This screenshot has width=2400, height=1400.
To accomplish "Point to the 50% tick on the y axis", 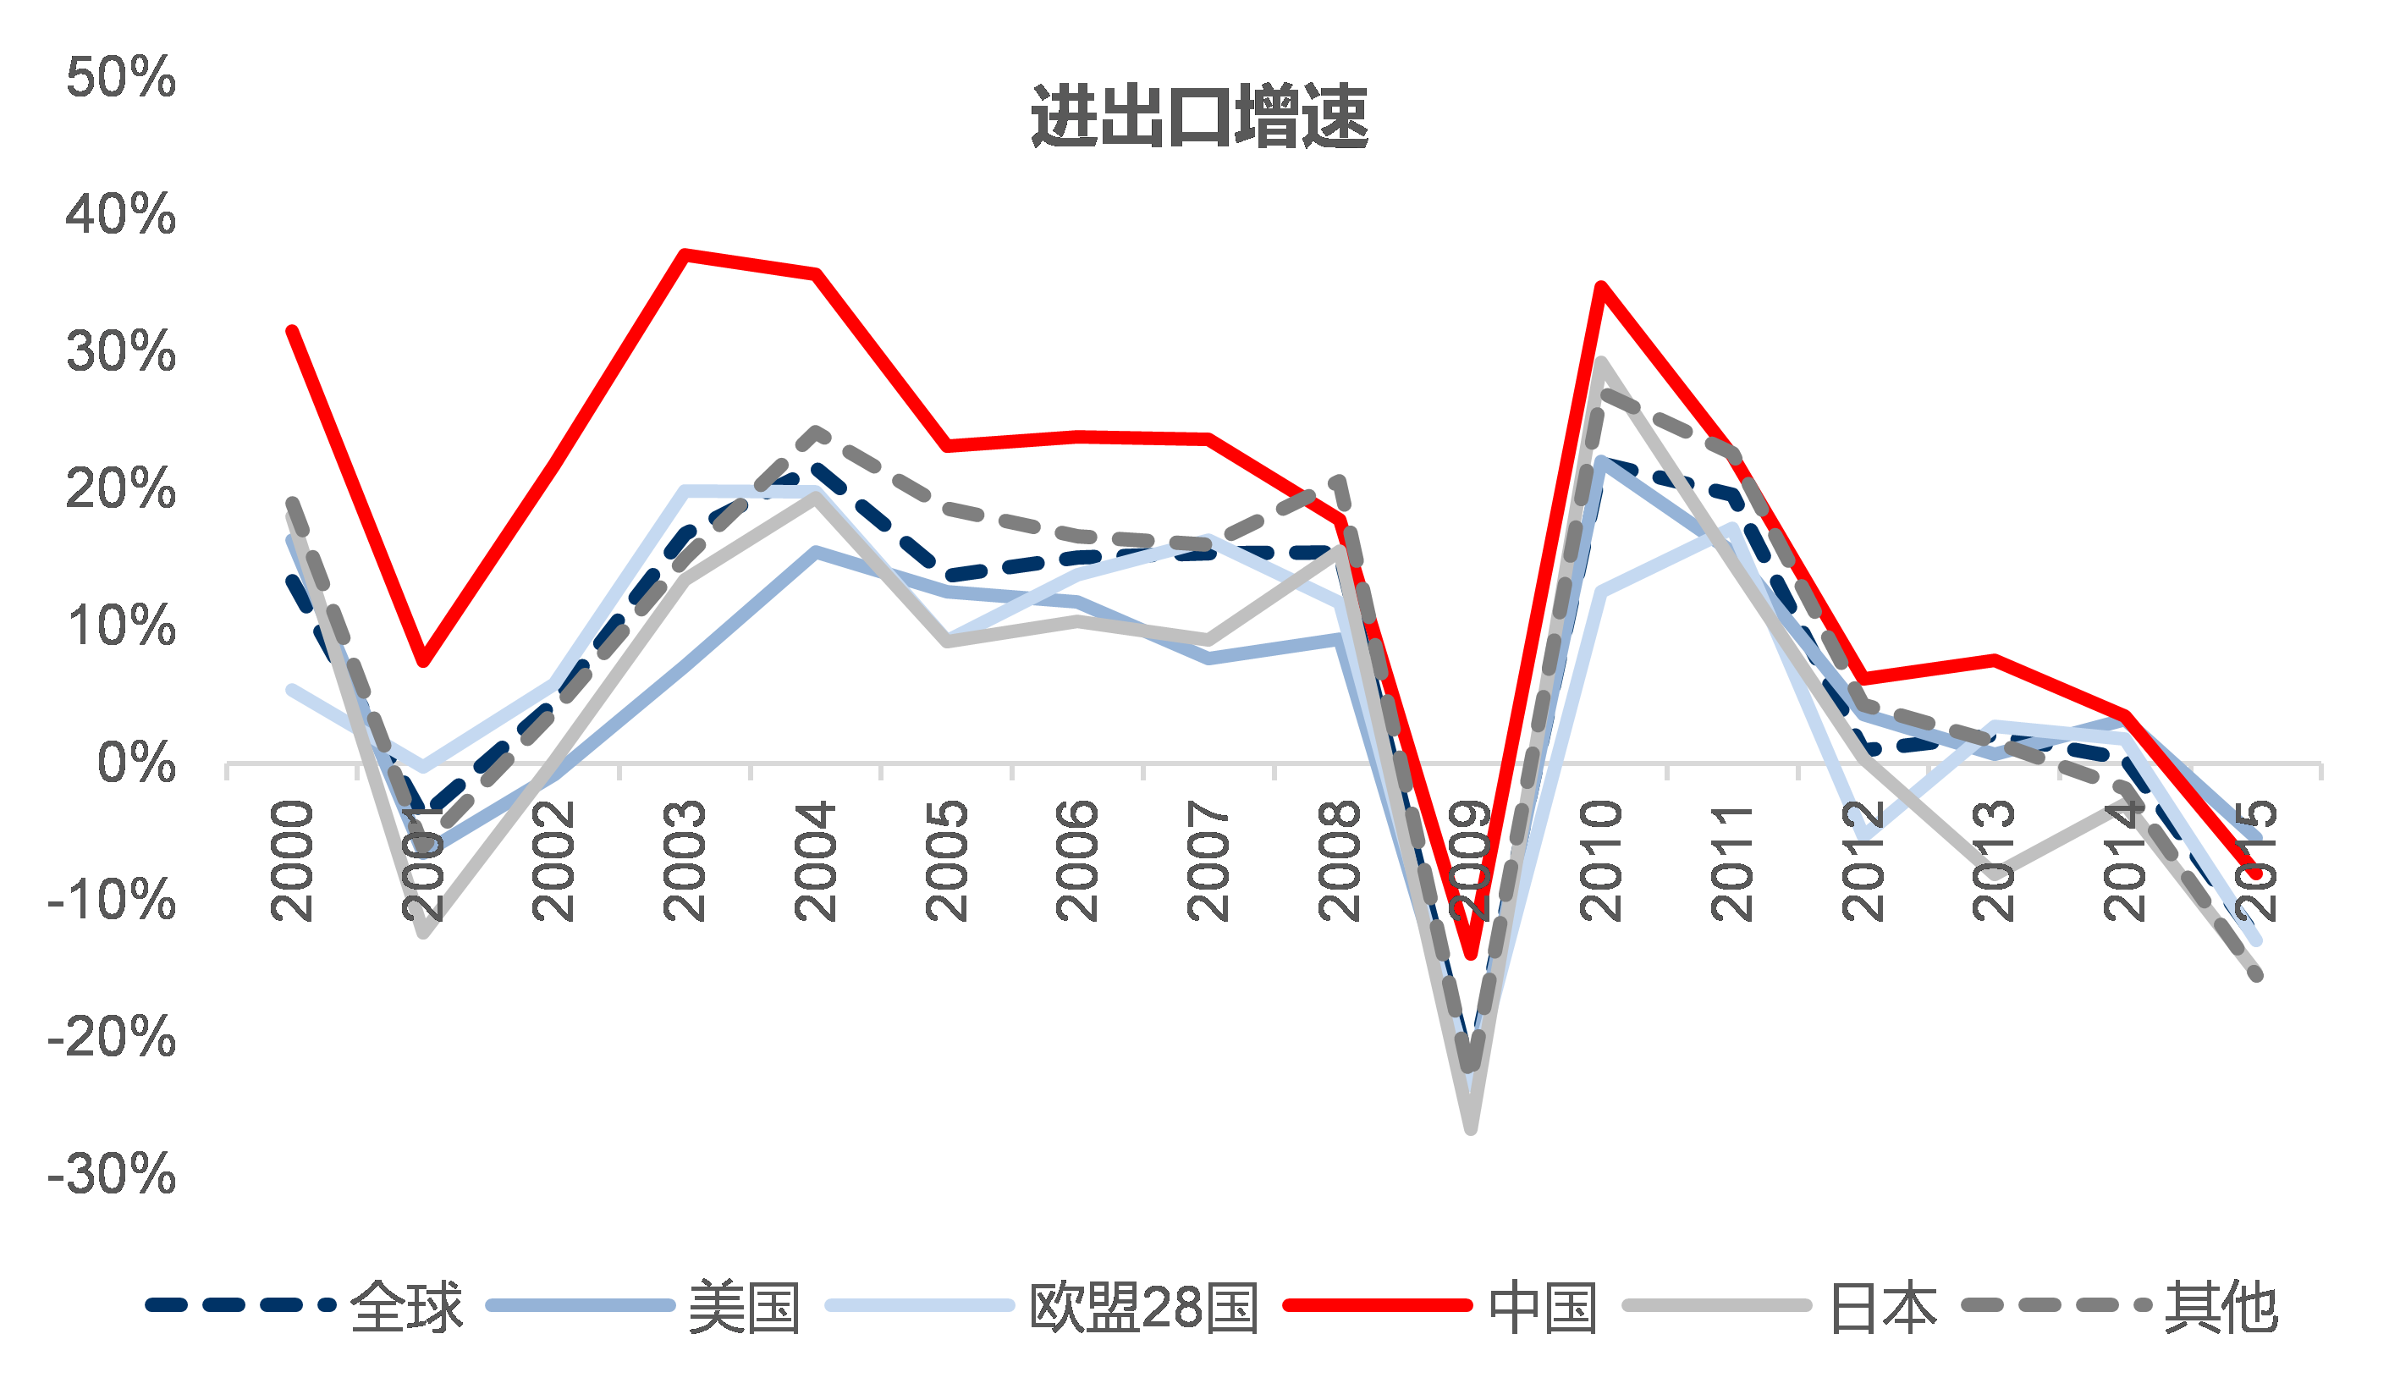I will (121, 77).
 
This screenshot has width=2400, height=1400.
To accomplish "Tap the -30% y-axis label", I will (112, 1173).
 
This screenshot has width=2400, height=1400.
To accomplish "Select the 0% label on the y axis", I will (136, 763).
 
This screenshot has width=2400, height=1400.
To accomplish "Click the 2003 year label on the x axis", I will (684, 860).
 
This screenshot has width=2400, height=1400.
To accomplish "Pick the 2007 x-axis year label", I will (1208, 860).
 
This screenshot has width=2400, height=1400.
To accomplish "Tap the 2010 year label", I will (1600, 860).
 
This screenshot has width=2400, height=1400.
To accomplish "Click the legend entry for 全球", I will (407, 1307).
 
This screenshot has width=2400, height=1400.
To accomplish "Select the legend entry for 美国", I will (744, 1307).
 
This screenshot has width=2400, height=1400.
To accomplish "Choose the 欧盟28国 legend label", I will (1144, 1307).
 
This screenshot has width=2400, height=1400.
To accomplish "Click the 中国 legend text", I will (1543, 1307).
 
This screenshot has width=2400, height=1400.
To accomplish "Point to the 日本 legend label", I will (1883, 1307).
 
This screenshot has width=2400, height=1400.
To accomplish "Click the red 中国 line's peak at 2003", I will (684, 254).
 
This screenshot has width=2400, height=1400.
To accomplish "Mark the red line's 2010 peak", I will (1601, 287).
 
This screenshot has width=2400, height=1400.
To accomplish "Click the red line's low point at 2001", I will (423, 661).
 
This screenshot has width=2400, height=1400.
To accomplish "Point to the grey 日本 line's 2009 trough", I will (1471, 1129).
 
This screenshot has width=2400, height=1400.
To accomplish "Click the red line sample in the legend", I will (1377, 1304).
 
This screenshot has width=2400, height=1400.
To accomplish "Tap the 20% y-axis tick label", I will (121, 489).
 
